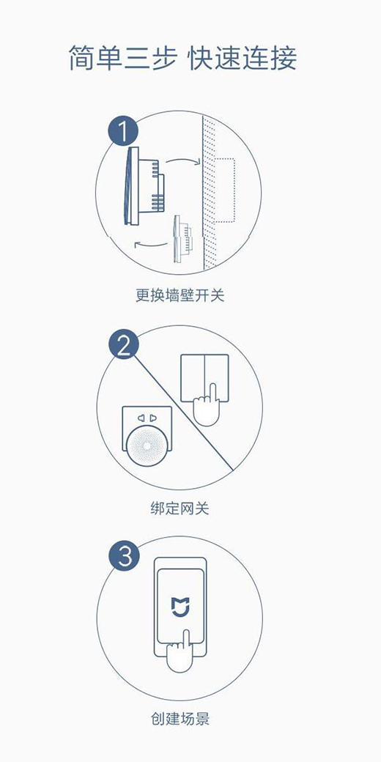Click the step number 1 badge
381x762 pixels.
click(x=123, y=131)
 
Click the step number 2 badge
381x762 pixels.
click(x=123, y=346)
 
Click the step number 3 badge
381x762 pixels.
click(x=123, y=556)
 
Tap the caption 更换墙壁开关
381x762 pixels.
click(x=180, y=295)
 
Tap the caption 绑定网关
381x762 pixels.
click(x=180, y=508)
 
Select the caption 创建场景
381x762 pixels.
click(x=180, y=719)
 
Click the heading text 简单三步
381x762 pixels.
click(x=122, y=58)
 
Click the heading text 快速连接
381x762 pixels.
click(x=243, y=58)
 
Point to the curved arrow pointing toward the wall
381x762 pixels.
click(x=182, y=160)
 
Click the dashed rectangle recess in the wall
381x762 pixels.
click(x=225, y=190)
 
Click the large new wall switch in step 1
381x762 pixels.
click(x=144, y=186)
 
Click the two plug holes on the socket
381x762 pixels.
click(x=147, y=418)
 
